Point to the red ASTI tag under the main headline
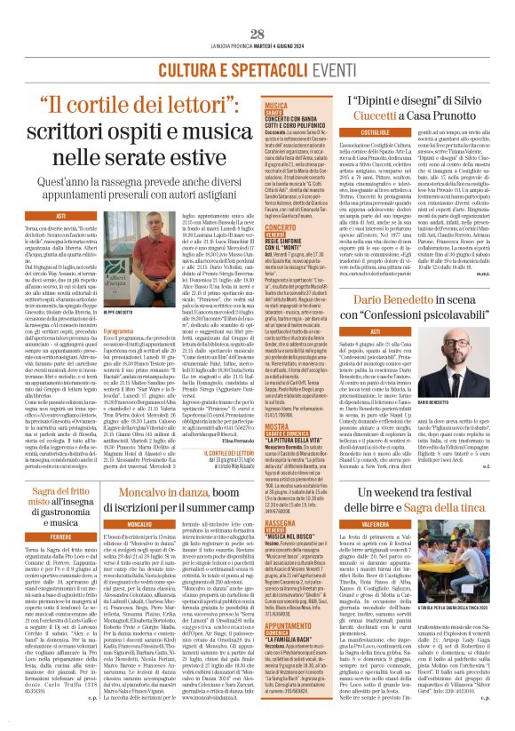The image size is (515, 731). tap(61, 216)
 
